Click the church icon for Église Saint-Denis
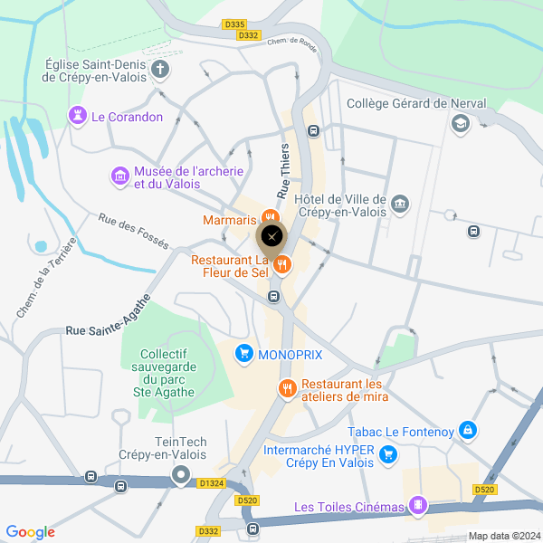(x=160, y=70)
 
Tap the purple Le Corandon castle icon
(x=77, y=117)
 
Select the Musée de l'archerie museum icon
(x=119, y=175)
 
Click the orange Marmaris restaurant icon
(x=269, y=218)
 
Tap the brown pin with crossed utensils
(x=271, y=239)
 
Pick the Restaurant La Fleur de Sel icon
(x=282, y=264)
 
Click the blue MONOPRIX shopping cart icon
(x=243, y=353)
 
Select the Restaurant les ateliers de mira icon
(x=288, y=388)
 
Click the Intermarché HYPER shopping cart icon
(x=388, y=454)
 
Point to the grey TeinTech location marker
(x=182, y=474)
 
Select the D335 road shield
(x=233, y=24)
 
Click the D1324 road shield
(x=212, y=482)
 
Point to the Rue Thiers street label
(x=284, y=171)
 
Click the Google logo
(x=30, y=532)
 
